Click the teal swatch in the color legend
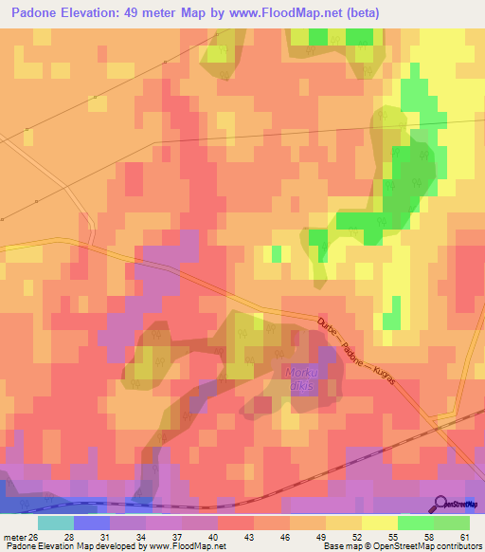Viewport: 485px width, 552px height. point(55,523)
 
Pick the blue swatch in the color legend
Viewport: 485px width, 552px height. point(91,523)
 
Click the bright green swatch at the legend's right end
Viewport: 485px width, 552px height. point(451,523)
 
